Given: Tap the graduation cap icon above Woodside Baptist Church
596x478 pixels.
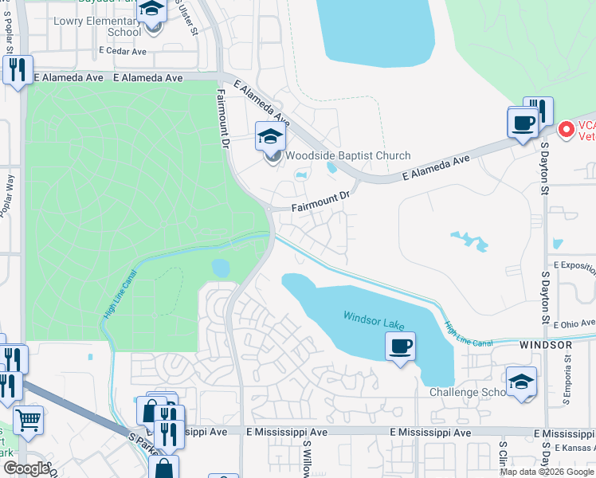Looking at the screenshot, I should click(269, 136).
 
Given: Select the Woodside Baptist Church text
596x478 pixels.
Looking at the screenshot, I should click(348, 156).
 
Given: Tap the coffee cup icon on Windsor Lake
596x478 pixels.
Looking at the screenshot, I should click(400, 347).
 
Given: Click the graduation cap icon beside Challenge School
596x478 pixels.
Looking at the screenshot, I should click(520, 382).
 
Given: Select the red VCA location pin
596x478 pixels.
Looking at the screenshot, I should click(566, 127).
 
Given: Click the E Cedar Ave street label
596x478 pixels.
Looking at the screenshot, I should click(123, 50).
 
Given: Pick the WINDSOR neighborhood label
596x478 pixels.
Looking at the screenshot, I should click(546, 345).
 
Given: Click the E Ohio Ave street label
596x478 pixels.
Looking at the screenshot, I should click(574, 323).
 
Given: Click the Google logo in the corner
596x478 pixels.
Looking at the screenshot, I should click(25, 468).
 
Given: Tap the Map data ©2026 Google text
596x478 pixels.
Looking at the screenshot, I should click(547, 472).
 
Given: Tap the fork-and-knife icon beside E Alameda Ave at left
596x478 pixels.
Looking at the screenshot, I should click(16, 69).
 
